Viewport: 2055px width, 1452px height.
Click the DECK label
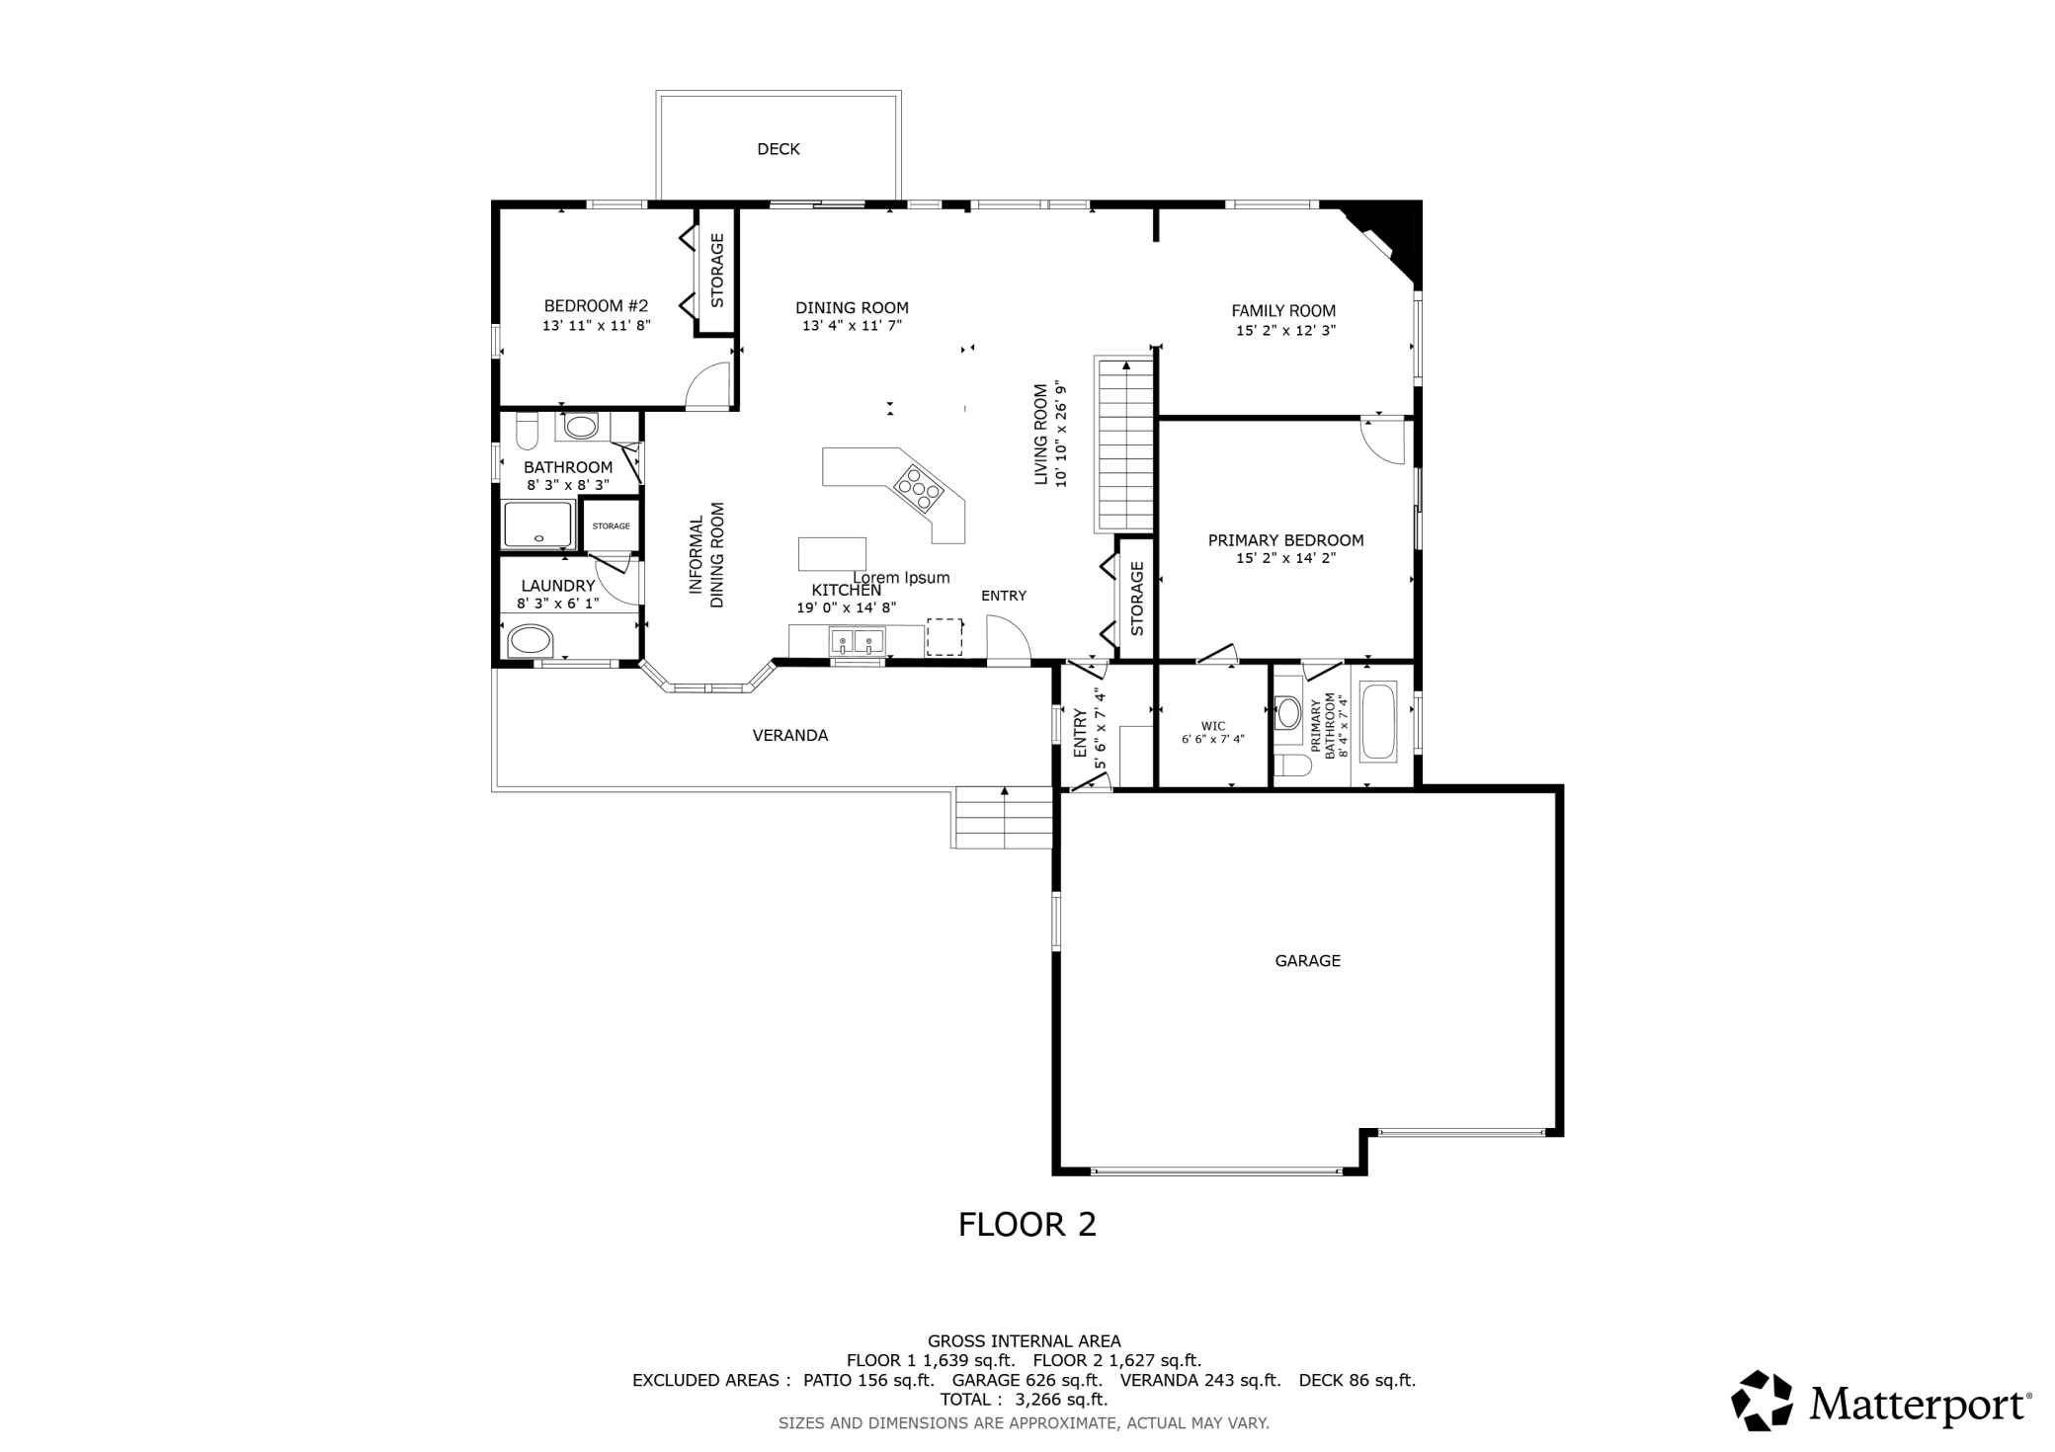pos(778,149)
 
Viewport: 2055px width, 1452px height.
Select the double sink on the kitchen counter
pos(856,642)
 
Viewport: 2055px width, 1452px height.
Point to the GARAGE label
pos(1306,960)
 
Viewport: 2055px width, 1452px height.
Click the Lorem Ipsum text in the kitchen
pos(901,578)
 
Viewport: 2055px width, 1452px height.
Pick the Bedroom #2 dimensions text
pos(596,325)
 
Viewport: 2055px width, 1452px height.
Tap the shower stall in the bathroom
pos(537,524)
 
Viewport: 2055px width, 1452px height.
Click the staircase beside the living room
pos(1124,444)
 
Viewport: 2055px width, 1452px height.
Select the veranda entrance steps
pos(1003,818)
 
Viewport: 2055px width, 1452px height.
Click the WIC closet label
pos(1212,727)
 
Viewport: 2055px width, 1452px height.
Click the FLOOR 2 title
pos(1027,1225)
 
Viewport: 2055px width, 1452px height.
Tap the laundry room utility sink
pos(530,641)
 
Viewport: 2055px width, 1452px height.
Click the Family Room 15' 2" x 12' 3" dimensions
pos(1284,331)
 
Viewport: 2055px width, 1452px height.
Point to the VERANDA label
pos(789,736)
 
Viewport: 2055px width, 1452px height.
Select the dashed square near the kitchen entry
pos(944,637)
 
